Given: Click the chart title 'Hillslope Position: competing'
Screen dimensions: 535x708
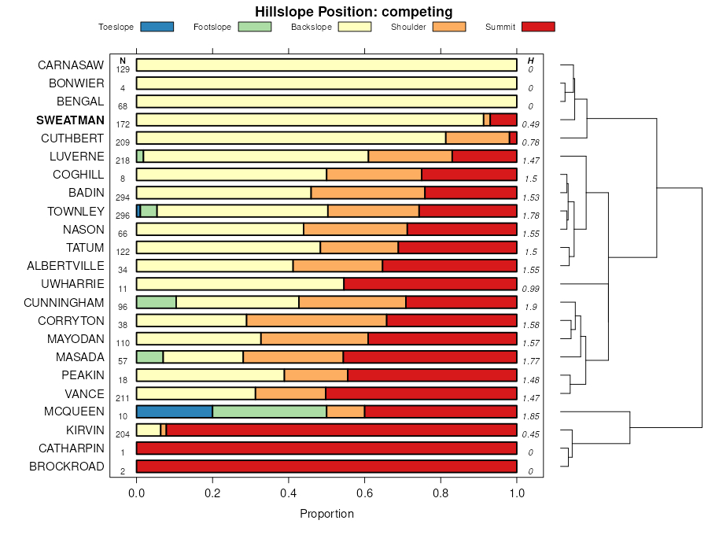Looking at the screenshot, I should coord(353,11).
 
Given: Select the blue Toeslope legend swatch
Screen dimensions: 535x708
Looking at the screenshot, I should coord(157,27).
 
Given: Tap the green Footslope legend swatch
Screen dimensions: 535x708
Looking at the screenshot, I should coord(254,27).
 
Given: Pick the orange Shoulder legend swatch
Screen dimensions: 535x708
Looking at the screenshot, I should coord(449,27).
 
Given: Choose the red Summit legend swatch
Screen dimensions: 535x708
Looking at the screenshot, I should coord(537,27).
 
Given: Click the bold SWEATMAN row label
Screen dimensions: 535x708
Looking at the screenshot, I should coord(70,120).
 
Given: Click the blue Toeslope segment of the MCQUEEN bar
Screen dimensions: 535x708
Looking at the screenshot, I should coord(174,411).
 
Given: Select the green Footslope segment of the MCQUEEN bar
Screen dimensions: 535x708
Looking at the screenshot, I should coord(269,411).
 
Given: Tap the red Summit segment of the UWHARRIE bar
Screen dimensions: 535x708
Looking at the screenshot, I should coord(430,284).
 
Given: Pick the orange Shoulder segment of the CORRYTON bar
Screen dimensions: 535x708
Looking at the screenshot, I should coord(316,320).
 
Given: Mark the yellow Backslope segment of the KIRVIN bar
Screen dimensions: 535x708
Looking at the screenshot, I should coord(148,430).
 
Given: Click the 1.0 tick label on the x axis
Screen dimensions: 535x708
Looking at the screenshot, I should coord(517,493).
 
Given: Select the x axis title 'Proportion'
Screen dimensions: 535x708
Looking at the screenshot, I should coord(326,514).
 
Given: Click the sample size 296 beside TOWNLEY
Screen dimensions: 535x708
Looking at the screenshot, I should coord(123,215).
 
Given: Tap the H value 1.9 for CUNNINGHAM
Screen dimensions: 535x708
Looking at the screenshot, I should coord(531,306).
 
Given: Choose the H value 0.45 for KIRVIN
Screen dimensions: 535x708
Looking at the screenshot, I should coord(531,434).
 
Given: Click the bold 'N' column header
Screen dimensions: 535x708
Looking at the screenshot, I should coord(123,61).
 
